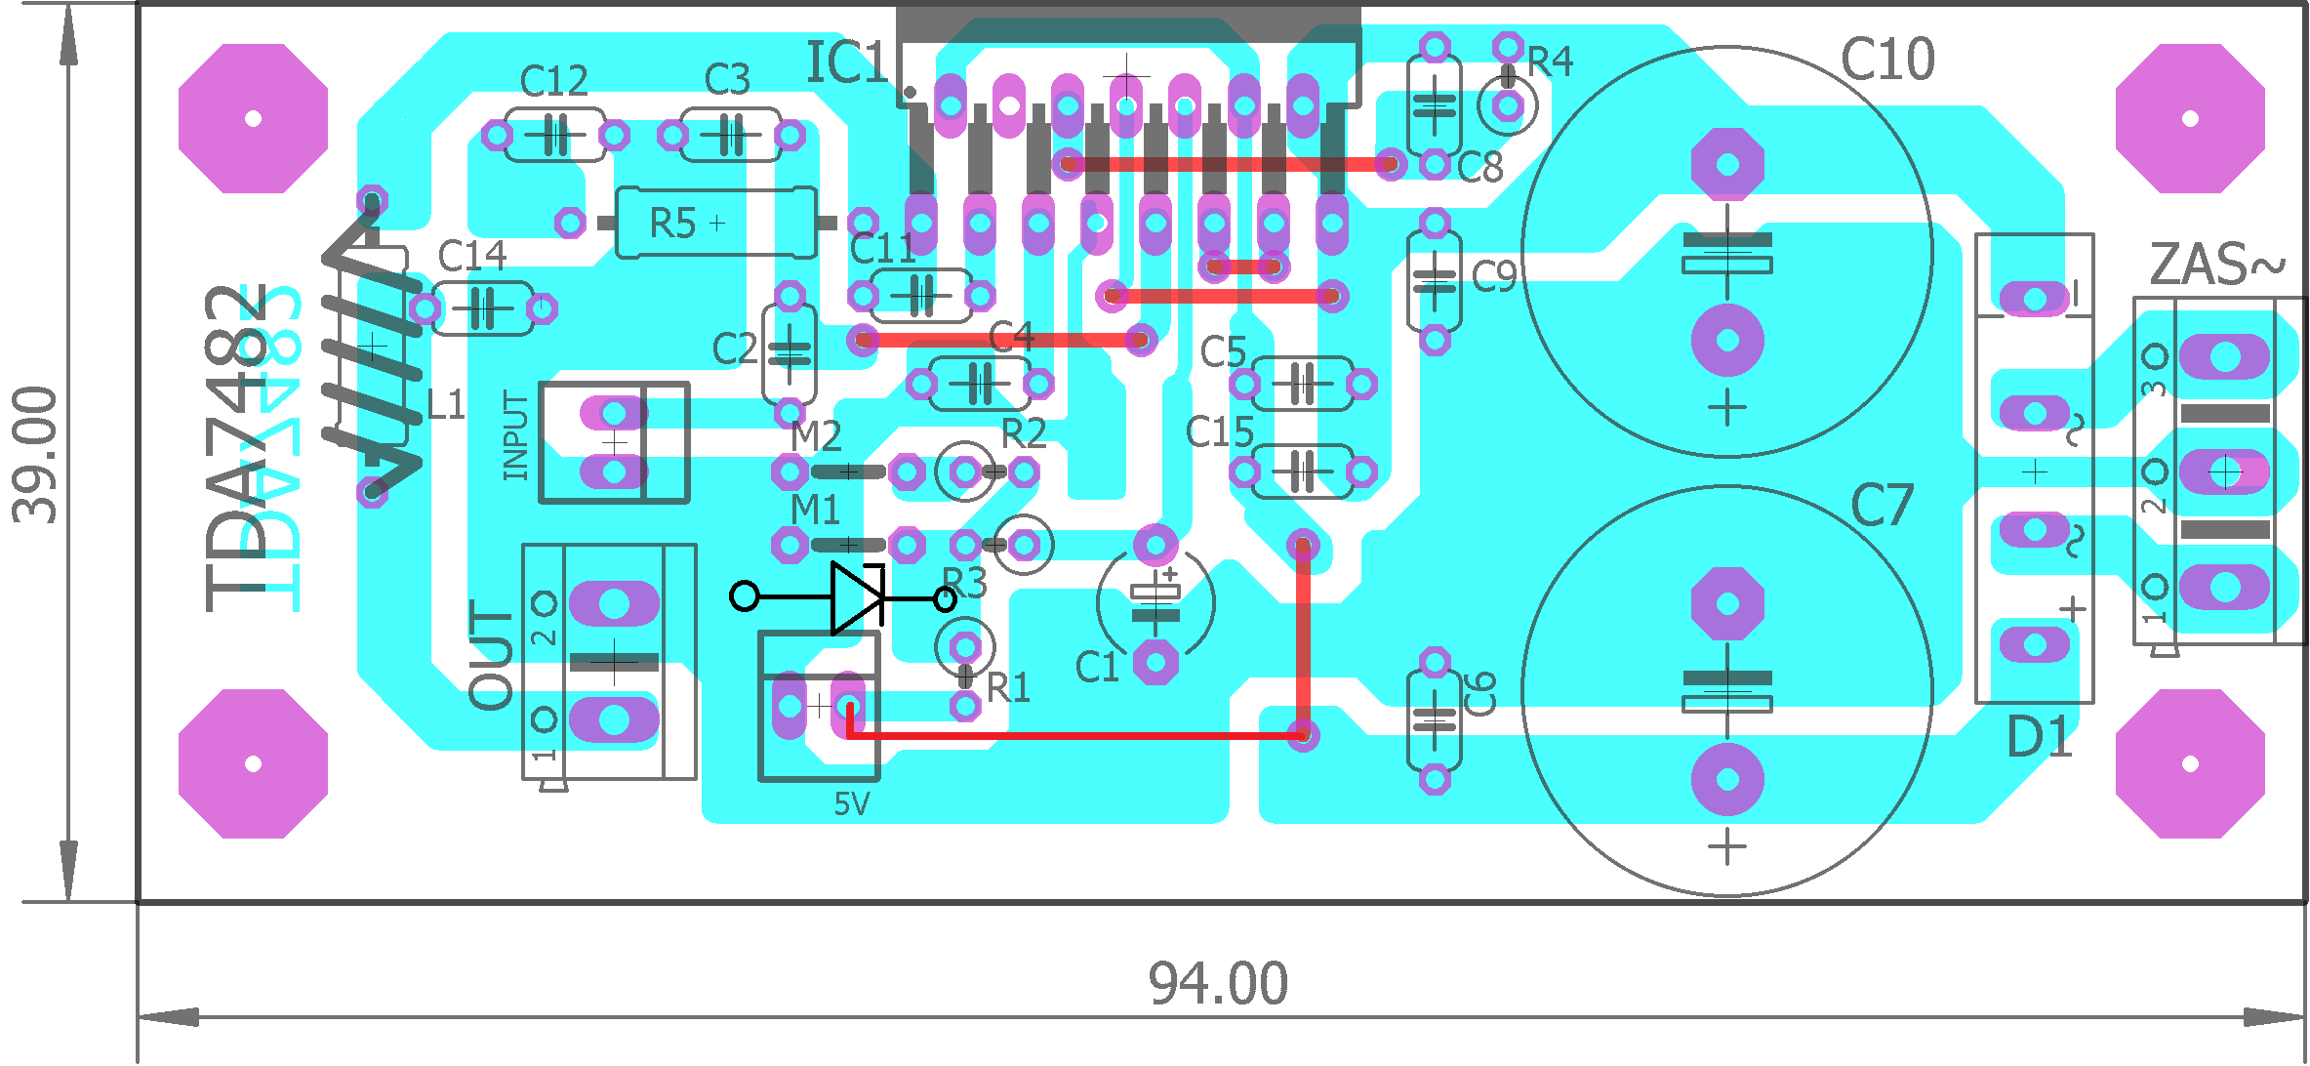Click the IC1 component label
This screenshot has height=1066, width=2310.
(845, 63)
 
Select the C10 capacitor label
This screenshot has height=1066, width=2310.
(1886, 60)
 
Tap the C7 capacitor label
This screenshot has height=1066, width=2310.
(1882, 506)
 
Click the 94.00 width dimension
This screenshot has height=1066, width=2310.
(1217, 983)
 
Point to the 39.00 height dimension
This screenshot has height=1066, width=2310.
(36, 454)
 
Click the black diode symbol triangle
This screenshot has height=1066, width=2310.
(855, 596)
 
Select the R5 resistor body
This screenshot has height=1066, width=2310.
(715, 224)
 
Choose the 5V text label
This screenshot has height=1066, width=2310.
(851, 804)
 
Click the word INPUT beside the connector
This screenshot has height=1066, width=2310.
(515, 435)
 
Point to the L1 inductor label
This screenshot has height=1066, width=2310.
(446, 404)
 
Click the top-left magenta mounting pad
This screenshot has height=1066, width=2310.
(253, 118)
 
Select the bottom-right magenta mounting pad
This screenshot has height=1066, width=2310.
(2189, 763)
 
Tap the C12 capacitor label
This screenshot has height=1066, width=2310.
(553, 80)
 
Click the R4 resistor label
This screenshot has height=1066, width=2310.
(1550, 62)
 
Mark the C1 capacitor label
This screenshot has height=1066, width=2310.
(1096, 668)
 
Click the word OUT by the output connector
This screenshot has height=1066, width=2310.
(492, 654)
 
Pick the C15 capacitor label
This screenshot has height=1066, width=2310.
(1219, 431)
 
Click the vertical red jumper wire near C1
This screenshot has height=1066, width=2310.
(1303, 639)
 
